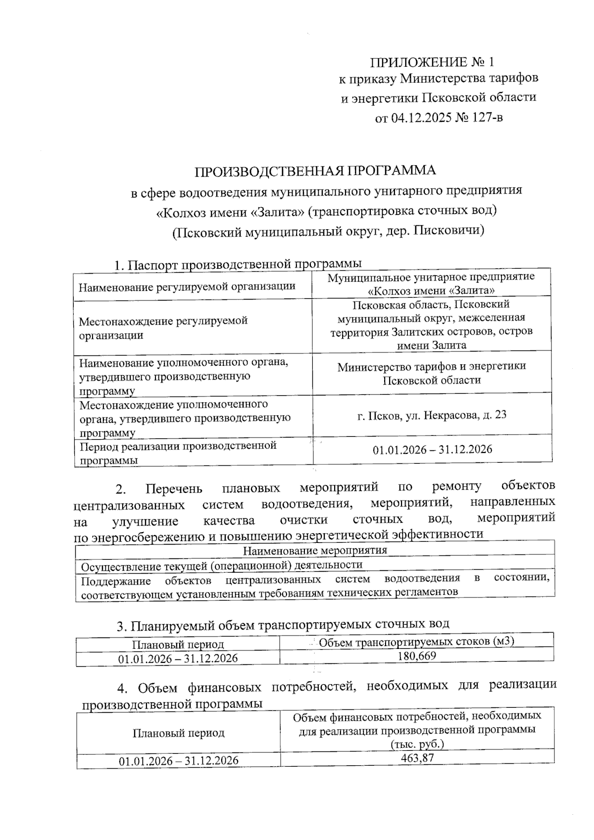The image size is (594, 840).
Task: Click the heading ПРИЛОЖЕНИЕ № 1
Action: click(432, 62)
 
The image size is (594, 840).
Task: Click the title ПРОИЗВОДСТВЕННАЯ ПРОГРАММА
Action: click(315, 171)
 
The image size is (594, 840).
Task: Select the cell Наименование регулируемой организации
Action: click(187, 286)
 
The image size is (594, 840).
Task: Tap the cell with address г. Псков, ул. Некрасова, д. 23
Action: click(432, 415)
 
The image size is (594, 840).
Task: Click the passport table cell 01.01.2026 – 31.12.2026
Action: click(432, 449)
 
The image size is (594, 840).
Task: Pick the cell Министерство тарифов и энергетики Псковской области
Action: click(432, 373)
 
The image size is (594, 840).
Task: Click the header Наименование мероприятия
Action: click(315, 550)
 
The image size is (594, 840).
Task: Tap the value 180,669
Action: click(416, 656)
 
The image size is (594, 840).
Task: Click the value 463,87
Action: click(416, 758)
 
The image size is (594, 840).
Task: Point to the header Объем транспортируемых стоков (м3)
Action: click(416, 642)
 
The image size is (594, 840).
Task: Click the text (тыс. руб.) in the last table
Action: click(416, 744)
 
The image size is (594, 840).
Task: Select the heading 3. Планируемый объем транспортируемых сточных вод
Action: click(283, 625)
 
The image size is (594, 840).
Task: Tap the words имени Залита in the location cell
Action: click(432, 345)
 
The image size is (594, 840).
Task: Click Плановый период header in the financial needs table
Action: click(178, 733)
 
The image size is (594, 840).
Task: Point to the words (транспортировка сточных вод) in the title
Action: click(401, 211)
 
